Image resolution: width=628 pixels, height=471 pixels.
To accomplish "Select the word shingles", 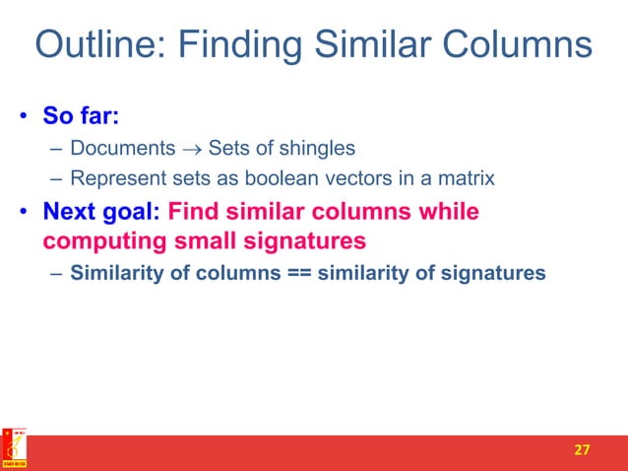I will [320, 150].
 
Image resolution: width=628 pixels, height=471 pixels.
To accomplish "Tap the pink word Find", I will [196, 212].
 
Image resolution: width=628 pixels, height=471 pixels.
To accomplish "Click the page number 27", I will [582, 449].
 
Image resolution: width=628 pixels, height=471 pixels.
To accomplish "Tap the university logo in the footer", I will [15, 449].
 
